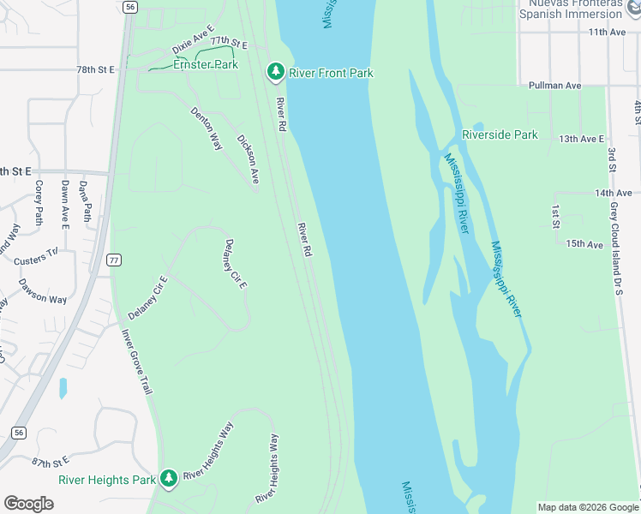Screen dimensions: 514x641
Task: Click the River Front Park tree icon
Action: [x=275, y=73]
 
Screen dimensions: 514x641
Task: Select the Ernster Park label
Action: [x=205, y=65]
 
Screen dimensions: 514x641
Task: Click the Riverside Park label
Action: [x=500, y=134]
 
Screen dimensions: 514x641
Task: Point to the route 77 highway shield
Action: [x=113, y=259]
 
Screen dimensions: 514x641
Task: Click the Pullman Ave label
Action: [x=555, y=86]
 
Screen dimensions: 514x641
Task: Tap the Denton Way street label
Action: [x=206, y=128]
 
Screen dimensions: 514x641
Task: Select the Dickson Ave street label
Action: [x=249, y=158]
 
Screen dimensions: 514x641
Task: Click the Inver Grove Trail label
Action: [x=136, y=362]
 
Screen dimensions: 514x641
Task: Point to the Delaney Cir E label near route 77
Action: [x=148, y=297]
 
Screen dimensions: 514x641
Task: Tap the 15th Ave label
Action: [x=584, y=244]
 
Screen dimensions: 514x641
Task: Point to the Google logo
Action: [x=28, y=504]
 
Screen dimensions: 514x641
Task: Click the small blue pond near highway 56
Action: [x=63, y=388]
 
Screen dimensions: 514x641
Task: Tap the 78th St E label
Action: [x=95, y=69]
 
